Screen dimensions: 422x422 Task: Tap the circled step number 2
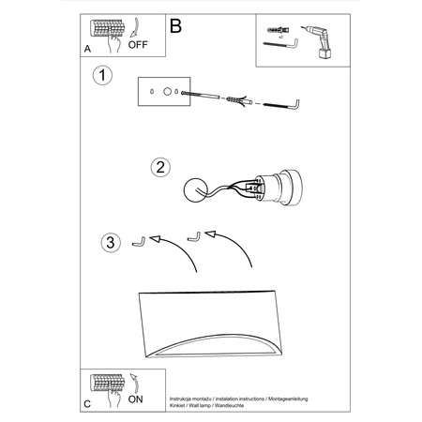pos(161,168)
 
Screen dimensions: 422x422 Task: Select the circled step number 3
pos(110,244)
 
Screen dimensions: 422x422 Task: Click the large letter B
pos(174,25)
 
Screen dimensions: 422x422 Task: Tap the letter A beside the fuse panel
pos(87,46)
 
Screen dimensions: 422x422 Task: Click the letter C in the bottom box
pos(87,403)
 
